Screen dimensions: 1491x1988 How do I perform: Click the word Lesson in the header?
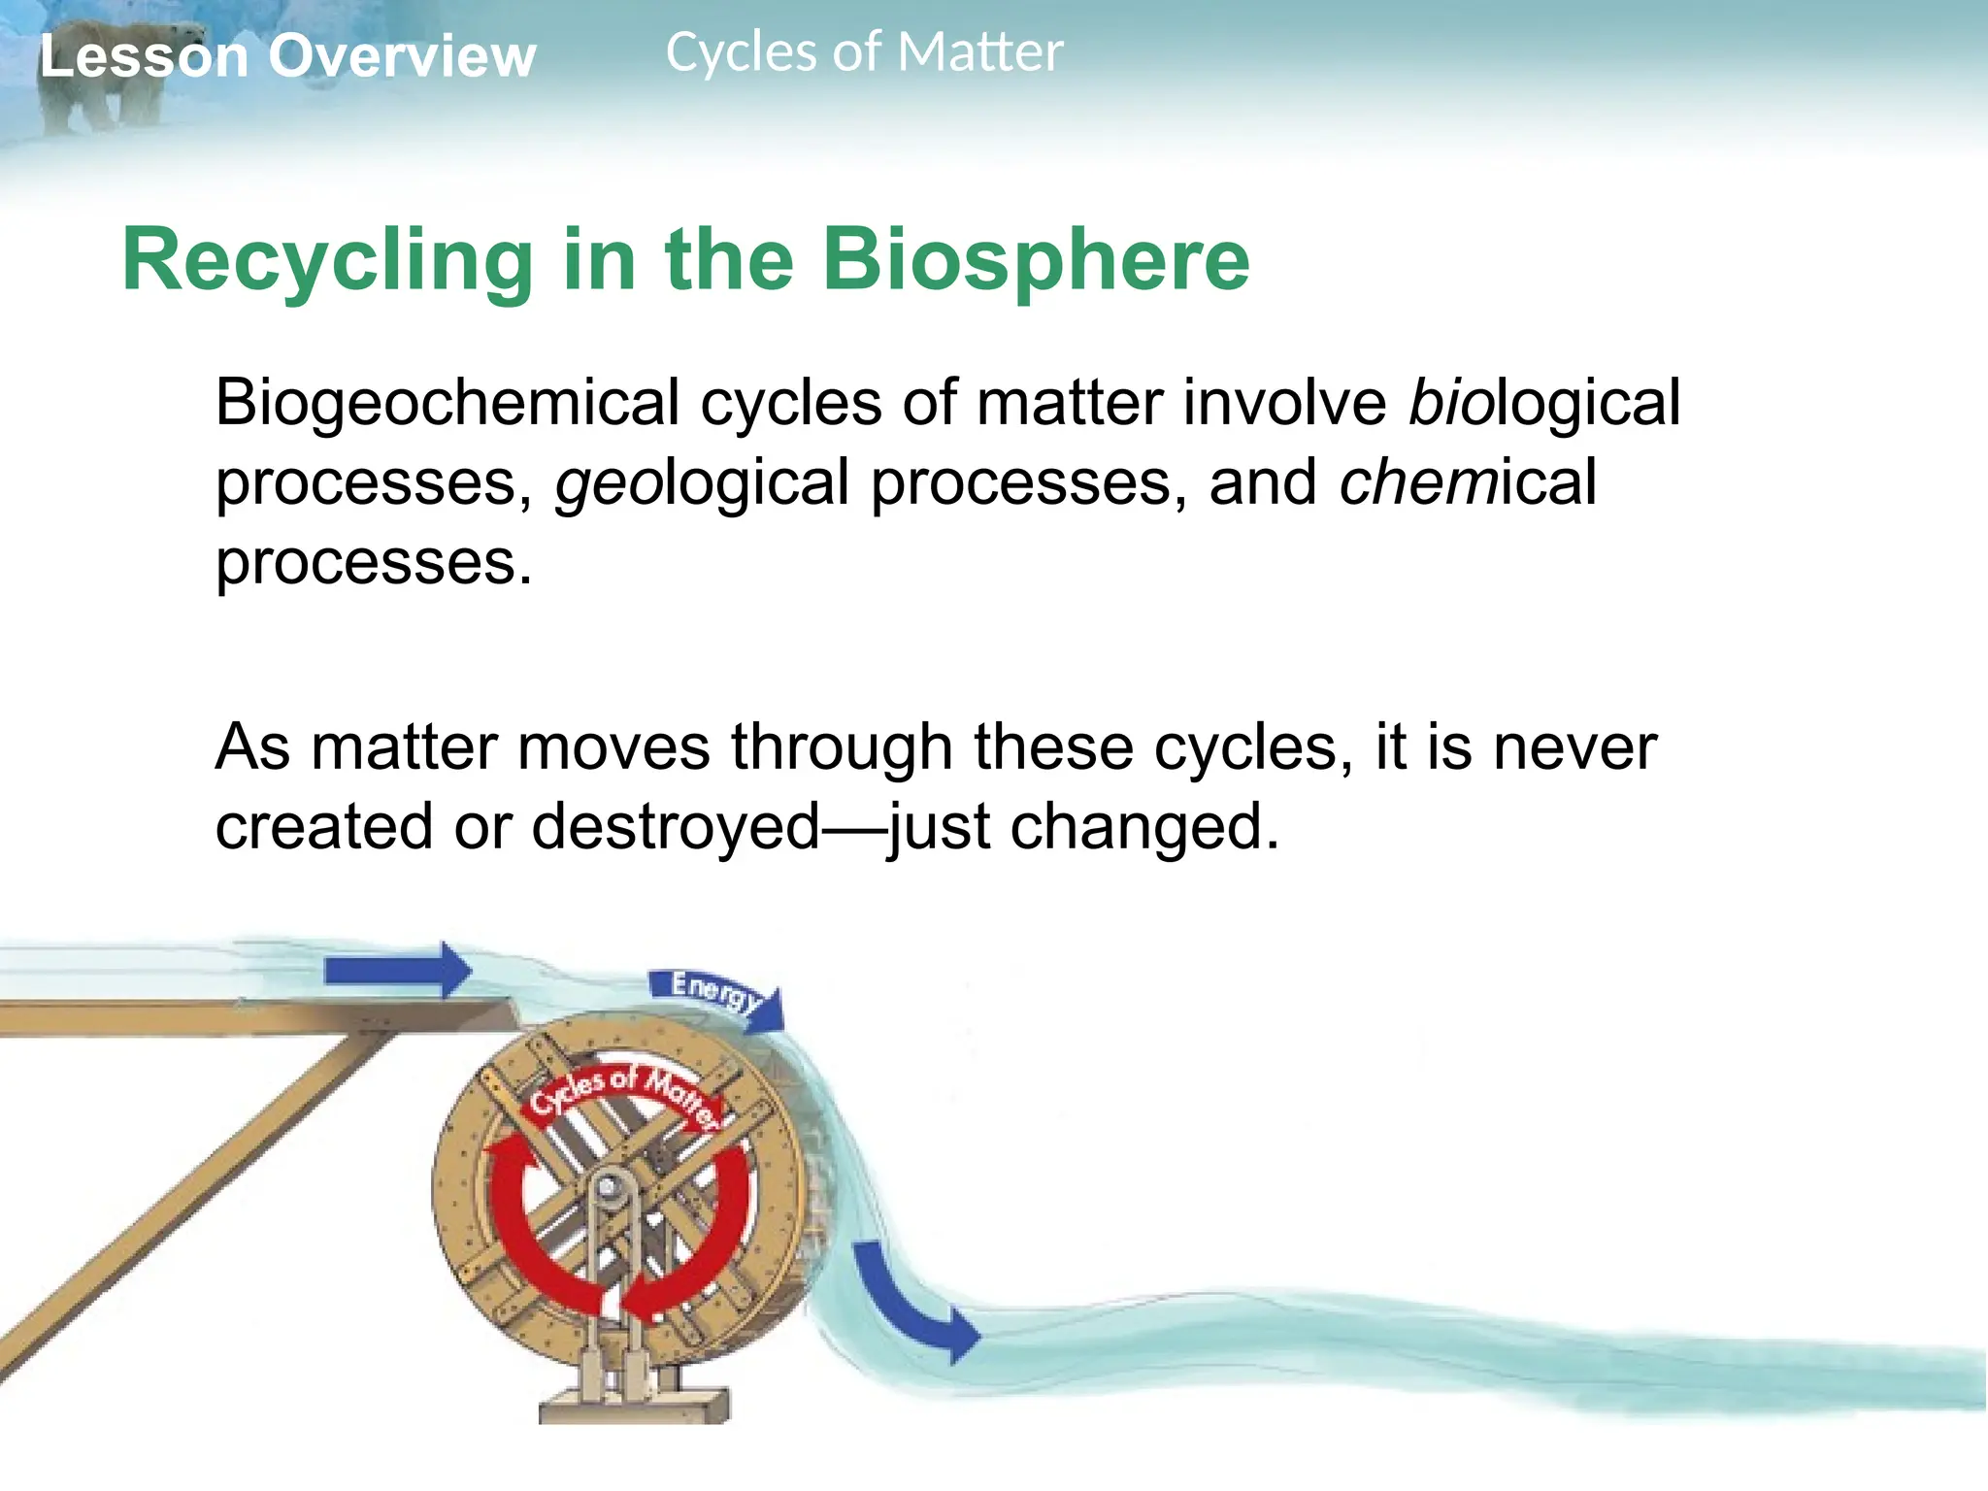pos(144,56)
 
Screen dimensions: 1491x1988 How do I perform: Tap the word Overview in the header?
pos(402,56)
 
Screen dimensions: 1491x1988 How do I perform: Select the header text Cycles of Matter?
pos(864,52)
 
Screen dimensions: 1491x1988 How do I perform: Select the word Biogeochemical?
pos(447,403)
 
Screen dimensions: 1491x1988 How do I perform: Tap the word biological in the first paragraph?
pos(1543,403)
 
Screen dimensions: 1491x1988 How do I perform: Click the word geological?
pos(701,482)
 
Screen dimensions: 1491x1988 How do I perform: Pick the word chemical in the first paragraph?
pos(1467,482)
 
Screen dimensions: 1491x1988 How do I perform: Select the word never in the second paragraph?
pos(1574,747)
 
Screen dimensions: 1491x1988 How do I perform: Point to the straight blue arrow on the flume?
pos(398,970)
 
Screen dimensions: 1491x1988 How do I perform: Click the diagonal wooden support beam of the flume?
pos(194,1204)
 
